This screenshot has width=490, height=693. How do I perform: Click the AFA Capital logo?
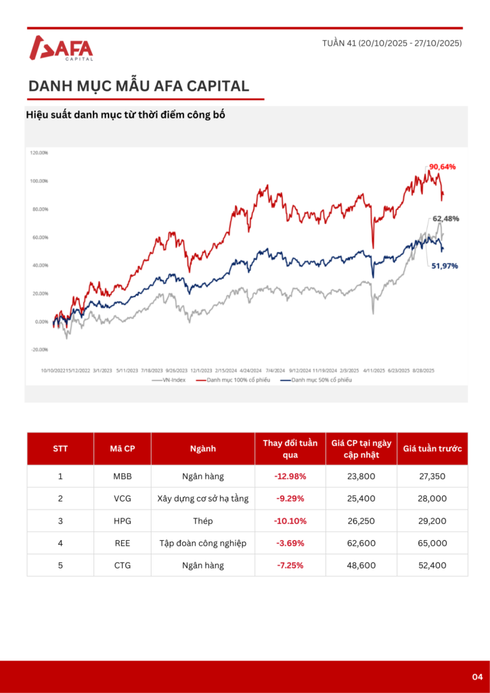click(62, 49)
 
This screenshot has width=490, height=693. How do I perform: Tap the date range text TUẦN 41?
click(392, 43)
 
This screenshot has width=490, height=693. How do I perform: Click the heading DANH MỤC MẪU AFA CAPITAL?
click(139, 86)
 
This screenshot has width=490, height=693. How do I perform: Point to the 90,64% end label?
click(442, 166)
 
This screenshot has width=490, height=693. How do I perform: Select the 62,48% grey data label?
click(446, 219)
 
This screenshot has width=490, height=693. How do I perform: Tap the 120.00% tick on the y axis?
click(39, 153)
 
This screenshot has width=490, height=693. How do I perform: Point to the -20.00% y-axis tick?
click(39, 350)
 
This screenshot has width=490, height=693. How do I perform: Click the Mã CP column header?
click(122, 448)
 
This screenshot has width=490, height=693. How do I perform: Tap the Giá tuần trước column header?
click(432, 448)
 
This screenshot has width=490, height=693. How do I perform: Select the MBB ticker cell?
click(122, 476)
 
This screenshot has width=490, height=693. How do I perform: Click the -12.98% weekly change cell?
click(290, 476)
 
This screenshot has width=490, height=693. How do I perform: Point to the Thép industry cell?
click(202, 521)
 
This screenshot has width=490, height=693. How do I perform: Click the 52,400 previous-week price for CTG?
click(432, 565)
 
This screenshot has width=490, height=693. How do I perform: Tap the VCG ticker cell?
click(122, 499)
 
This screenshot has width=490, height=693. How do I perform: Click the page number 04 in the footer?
click(477, 677)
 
